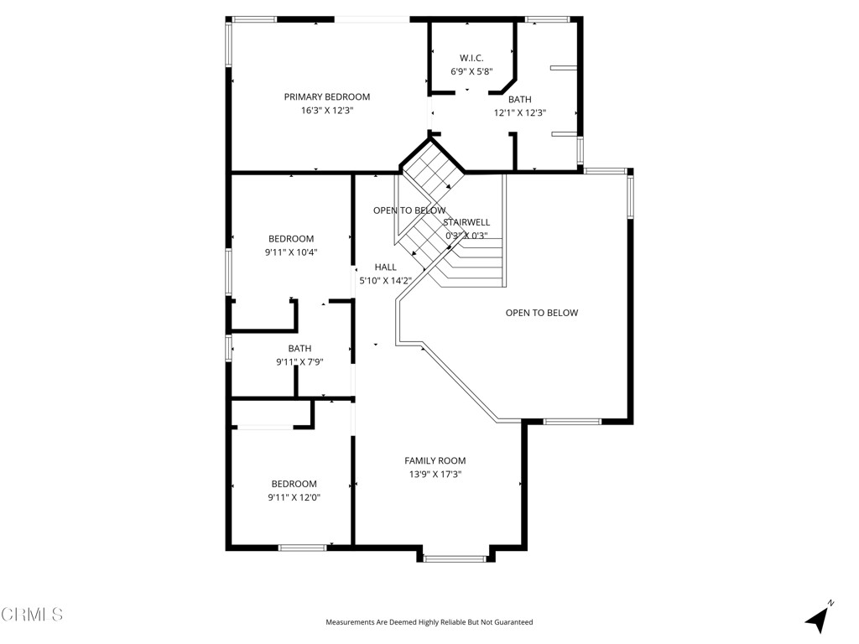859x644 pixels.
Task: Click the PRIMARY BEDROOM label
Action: pyautogui.click(x=326, y=96)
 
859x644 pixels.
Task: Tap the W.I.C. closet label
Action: pyautogui.click(x=471, y=57)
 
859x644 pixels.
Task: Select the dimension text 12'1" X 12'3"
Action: pyautogui.click(x=519, y=112)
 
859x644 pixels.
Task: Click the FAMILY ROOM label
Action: pyautogui.click(x=435, y=460)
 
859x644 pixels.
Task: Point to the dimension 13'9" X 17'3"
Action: pyautogui.click(x=435, y=474)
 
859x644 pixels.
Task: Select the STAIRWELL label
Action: pyautogui.click(x=466, y=222)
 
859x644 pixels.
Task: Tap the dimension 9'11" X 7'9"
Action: pyautogui.click(x=299, y=362)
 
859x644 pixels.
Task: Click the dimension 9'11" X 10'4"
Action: pyautogui.click(x=291, y=252)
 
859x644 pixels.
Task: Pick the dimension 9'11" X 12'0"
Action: pyautogui.click(x=294, y=497)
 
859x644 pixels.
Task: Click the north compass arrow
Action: pyautogui.click(x=818, y=618)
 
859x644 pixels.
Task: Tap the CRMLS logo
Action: pyautogui.click(x=32, y=615)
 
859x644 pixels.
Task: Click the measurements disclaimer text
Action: pyautogui.click(x=429, y=622)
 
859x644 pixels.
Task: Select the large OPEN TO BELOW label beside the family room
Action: pyautogui.click(x=541, y=313)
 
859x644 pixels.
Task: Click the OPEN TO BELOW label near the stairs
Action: pyautogui.click(x=409, y=210)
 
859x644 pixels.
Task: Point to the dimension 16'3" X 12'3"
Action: pyautogui.click(x=326, y=111)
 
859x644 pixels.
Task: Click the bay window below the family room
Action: pyautogui.click(x=454, y=557)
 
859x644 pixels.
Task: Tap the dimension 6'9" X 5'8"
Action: pyautogui.click(x=471, y=71)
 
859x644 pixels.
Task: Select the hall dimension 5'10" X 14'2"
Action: pyautogui.click(x=385, y=281)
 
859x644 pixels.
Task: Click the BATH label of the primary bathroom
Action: pyautogui.click(x=519, y=99)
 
